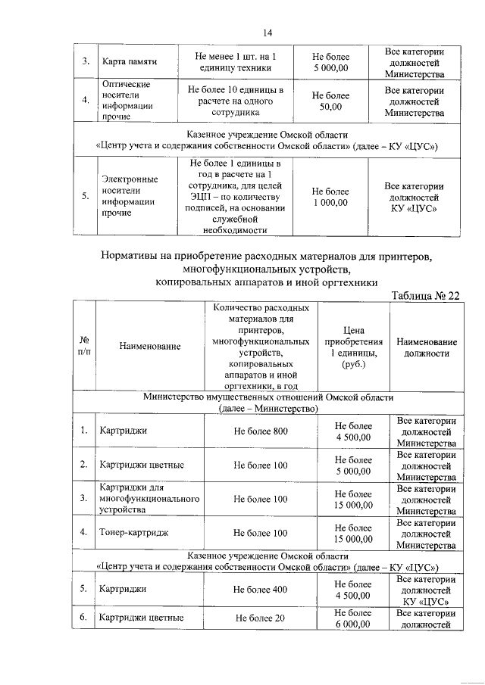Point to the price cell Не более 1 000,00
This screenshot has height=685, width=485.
point(330,197)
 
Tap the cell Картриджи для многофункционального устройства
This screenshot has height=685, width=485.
point(149,499)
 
